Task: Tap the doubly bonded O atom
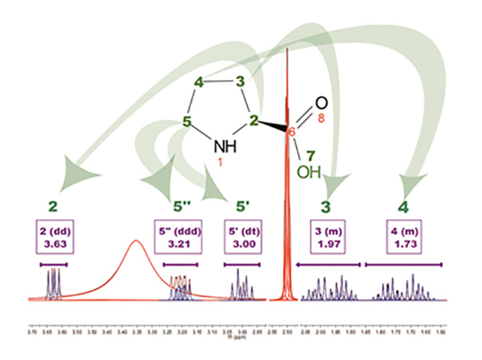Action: [x=320, y=102]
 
